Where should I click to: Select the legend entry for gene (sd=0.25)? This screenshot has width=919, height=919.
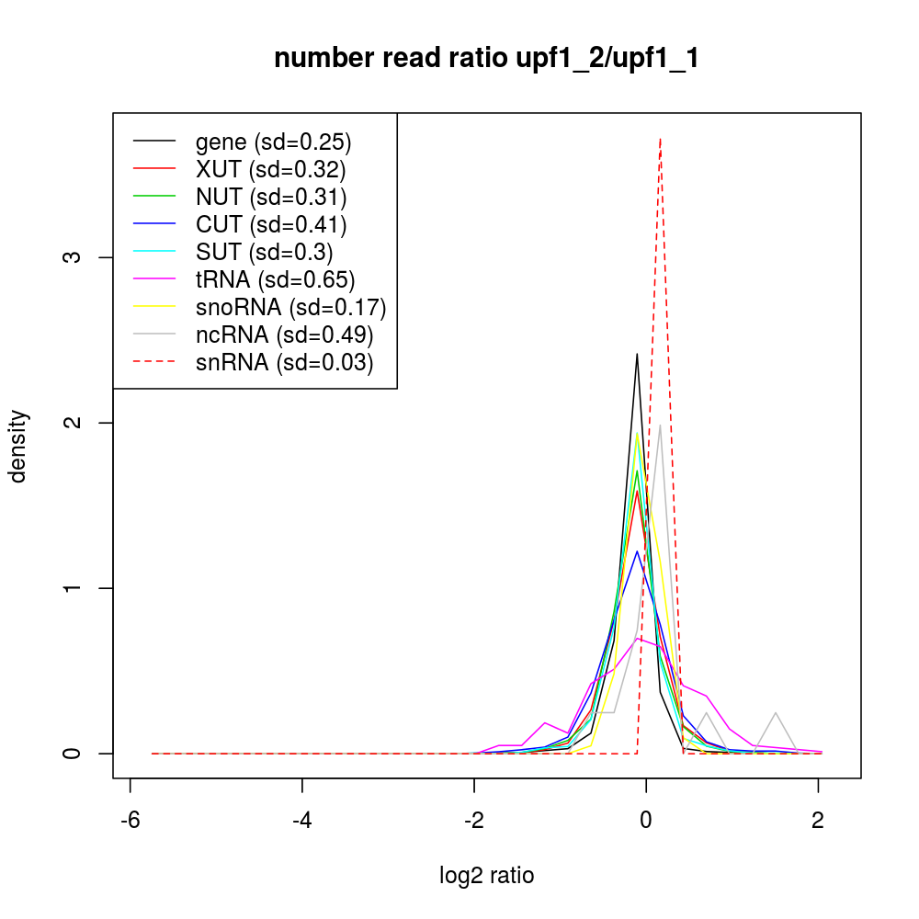[273, 142]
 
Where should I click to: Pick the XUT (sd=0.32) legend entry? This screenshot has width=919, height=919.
[270, 169]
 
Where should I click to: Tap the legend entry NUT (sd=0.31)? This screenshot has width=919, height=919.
[270, 197]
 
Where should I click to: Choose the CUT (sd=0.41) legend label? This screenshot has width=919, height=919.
[270, 224]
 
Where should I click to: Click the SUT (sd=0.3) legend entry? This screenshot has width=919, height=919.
[264, 252]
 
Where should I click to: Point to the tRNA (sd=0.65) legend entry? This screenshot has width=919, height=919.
[275, 279]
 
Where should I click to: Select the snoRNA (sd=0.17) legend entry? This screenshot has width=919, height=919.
[290, 307]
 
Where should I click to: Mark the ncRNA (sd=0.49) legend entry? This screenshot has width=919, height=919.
[284, 335]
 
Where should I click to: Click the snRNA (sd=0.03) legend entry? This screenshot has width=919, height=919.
[284, 362]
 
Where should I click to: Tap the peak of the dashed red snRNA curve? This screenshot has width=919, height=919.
[660, 139]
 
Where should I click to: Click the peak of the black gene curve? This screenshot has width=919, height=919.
[637, 354]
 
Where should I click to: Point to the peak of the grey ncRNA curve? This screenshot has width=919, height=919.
[660, 425]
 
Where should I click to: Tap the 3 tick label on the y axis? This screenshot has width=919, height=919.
[76, 257]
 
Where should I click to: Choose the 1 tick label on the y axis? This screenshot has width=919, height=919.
[76, 588]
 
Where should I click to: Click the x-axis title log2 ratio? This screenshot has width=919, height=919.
[486, 875]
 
